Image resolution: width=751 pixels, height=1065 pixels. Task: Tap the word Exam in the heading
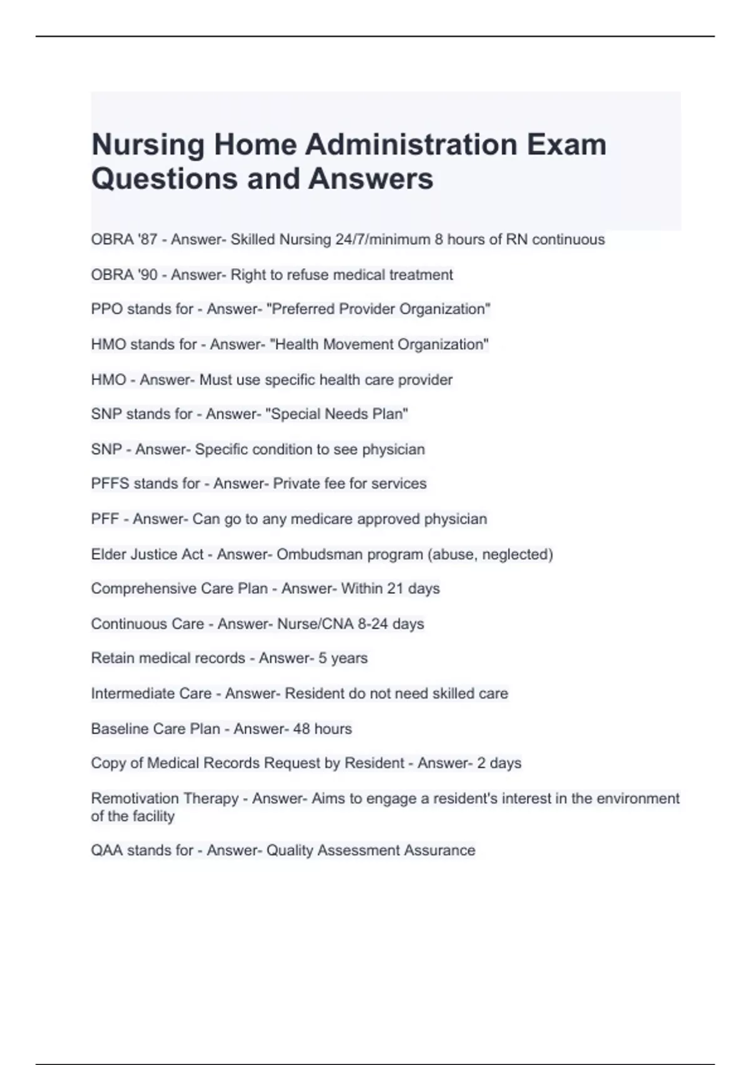(x=566, y=145)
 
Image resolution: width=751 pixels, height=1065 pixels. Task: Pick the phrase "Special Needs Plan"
(x=337, y=414)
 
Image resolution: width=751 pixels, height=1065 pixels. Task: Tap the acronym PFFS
(x=110, y=484)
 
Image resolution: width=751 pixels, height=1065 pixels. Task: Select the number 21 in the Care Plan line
(x=395, y=589)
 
